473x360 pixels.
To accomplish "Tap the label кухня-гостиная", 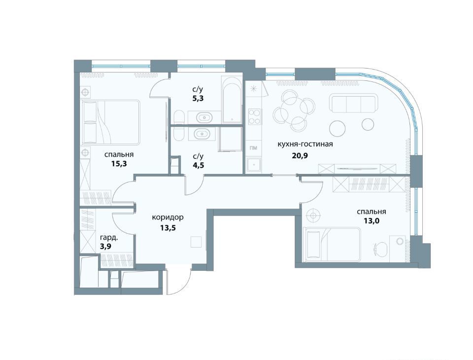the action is click(x=305, y=144).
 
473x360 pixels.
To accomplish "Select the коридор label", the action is click(x=168, y=217).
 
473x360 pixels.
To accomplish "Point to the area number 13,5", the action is click(x=168, y=227).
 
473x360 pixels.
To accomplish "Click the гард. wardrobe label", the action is click(x=109, y=237).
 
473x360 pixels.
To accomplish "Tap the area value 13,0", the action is click(x=372, y=221).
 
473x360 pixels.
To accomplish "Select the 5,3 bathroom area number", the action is click(x=198, y=98).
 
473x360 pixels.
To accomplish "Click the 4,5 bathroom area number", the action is click(x=198, y=165).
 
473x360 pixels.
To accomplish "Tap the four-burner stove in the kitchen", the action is click(x=254, y=116).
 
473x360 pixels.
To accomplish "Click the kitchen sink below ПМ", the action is click(x=254, y=165).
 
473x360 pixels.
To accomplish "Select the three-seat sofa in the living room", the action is click(x=353, y=103).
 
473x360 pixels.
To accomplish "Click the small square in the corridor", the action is click(x=197, y=242).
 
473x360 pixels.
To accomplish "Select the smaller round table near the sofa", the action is click(x=368, y=124).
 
